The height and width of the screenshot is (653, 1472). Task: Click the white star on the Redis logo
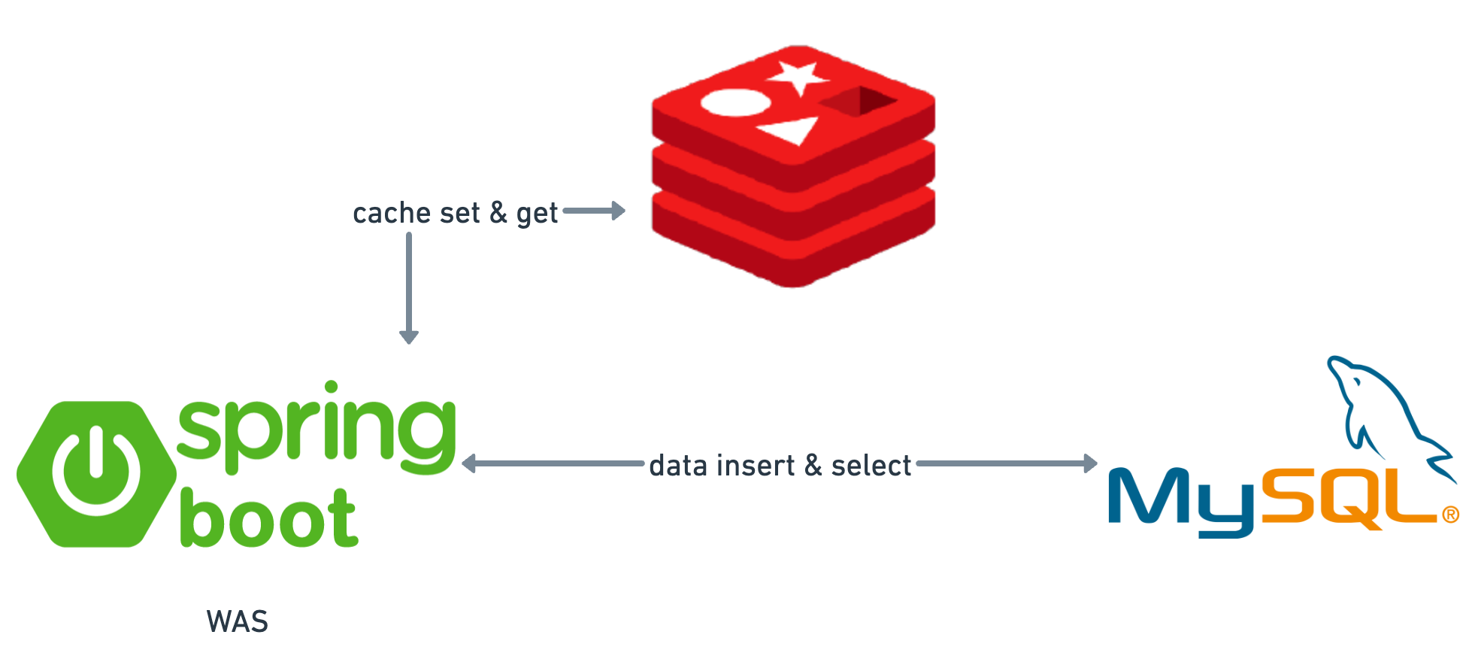[x=798, y=77]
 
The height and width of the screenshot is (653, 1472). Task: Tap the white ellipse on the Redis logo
[x=735, y=103]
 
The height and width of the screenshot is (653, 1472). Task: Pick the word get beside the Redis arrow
[x=537, y=214]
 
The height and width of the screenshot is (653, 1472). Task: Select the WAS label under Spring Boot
[x=238, y=622]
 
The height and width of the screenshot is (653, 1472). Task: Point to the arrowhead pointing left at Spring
[x=469, y=463]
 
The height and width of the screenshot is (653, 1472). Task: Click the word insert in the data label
[x=759, y=466]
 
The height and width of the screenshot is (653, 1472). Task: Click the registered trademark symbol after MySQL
[x=1450, y=515]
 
